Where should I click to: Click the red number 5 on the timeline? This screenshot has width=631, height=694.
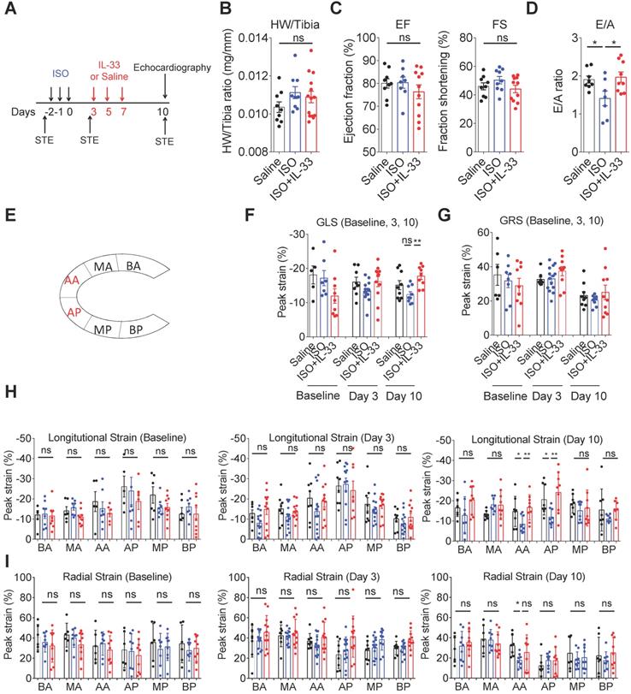107,111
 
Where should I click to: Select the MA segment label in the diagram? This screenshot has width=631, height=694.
104,269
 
